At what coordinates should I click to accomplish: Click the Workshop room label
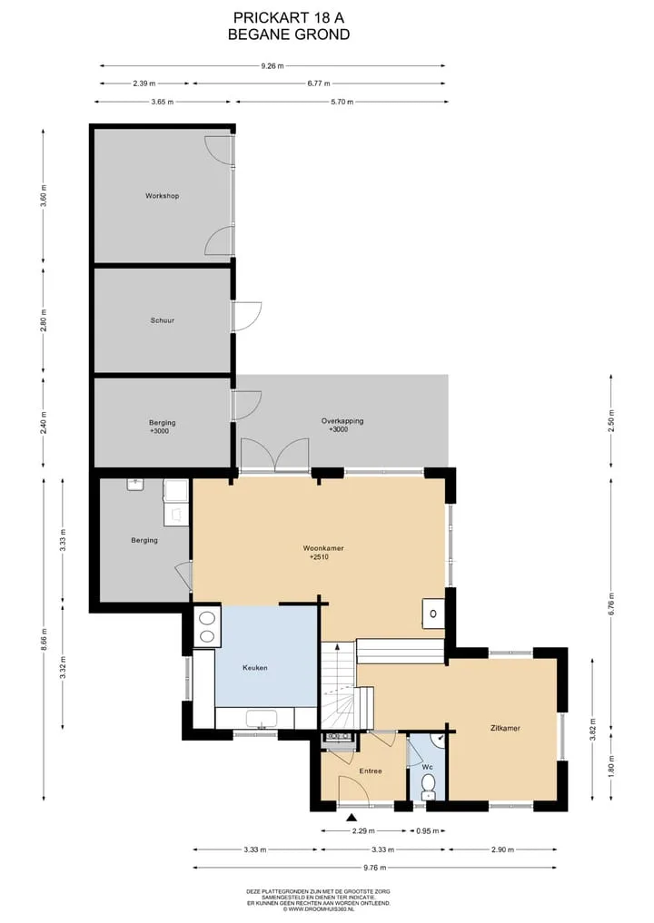point(162,196)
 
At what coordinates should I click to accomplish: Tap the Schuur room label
point(162,320)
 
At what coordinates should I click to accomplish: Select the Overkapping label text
point(342,421)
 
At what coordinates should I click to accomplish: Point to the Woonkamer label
point(323,548)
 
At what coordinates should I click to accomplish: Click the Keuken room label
point(255,668)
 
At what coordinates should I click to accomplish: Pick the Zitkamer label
point(505,728)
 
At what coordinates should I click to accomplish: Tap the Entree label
point(371,771)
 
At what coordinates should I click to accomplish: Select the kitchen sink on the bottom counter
point(262,720)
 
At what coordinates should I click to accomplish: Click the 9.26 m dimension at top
point(272,66)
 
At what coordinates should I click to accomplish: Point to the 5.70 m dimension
point(342,102)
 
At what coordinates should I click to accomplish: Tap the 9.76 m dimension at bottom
point(375,868)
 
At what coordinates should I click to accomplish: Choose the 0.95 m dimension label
point(428,831)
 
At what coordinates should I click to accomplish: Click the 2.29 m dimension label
point(363,831)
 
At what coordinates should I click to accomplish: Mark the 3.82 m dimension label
point(593,730)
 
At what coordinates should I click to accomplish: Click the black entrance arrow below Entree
point(352,818)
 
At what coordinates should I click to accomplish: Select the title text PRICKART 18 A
point(289,17)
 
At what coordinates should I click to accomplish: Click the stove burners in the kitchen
point(207,627)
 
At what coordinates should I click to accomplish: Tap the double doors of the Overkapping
point(274,455)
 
